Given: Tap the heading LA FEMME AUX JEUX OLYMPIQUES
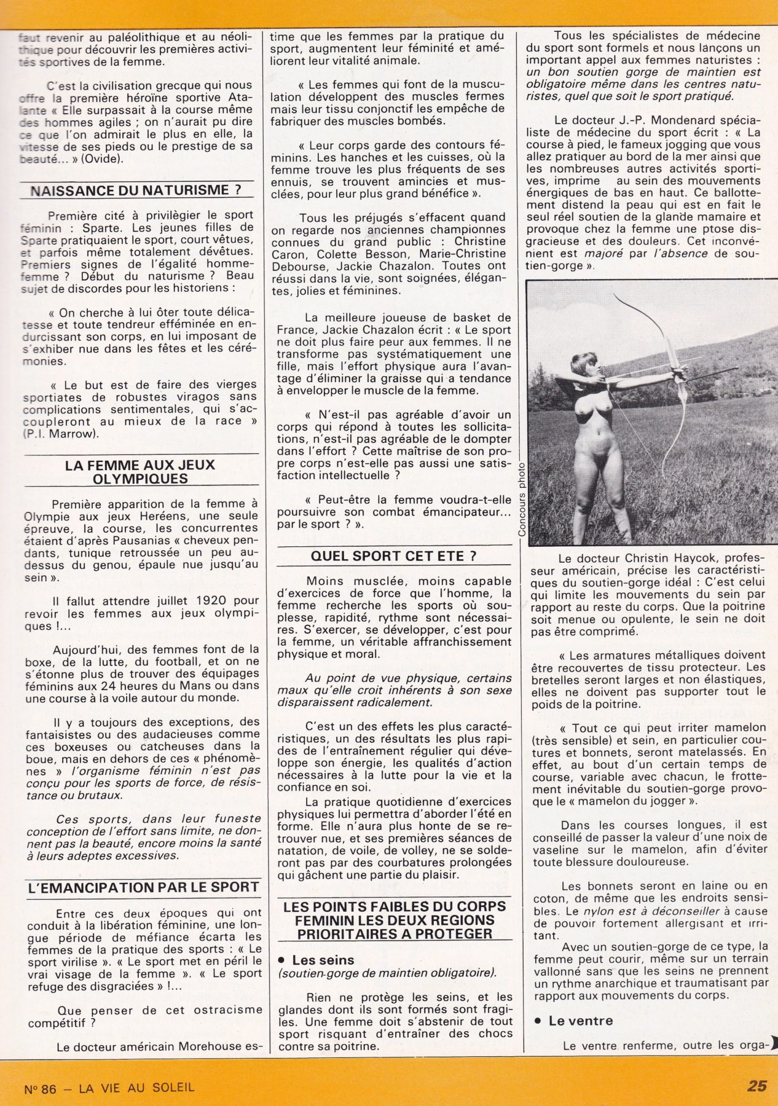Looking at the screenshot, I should click(140, 471).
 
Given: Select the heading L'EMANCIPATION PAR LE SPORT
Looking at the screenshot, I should click(144, 887).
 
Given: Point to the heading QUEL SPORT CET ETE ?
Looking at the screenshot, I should click(393, 555).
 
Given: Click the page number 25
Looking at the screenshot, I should click(756, 1086).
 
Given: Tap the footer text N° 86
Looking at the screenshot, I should click(40, 1088).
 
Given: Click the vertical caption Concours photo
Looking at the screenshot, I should click(522, 498).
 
